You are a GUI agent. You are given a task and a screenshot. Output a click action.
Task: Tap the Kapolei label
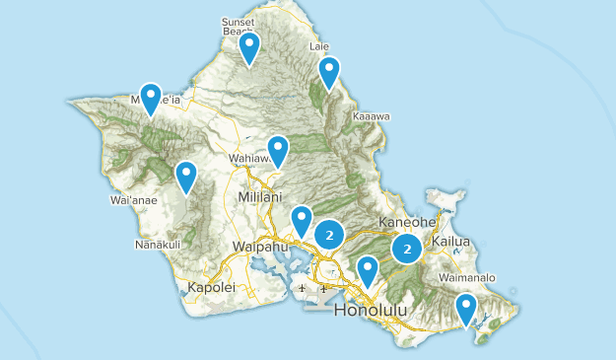click(x=210, y=288)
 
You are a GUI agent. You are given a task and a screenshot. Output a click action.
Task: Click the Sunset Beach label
click(x=238, y=25)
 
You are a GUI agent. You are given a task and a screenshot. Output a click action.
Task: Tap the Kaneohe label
click(x=407, y=223)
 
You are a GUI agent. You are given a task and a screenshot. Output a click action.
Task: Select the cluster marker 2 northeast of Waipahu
click(x=329, y=234)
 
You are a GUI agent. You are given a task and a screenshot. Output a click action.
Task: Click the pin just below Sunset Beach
click(x=249, y=46)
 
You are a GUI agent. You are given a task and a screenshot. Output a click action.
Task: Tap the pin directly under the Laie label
click(x=328, y=71)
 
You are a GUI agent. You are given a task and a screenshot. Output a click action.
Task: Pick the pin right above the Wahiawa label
click(x=278, y=150)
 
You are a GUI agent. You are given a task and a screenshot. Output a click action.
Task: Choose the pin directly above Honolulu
click(x=368, y=269)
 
